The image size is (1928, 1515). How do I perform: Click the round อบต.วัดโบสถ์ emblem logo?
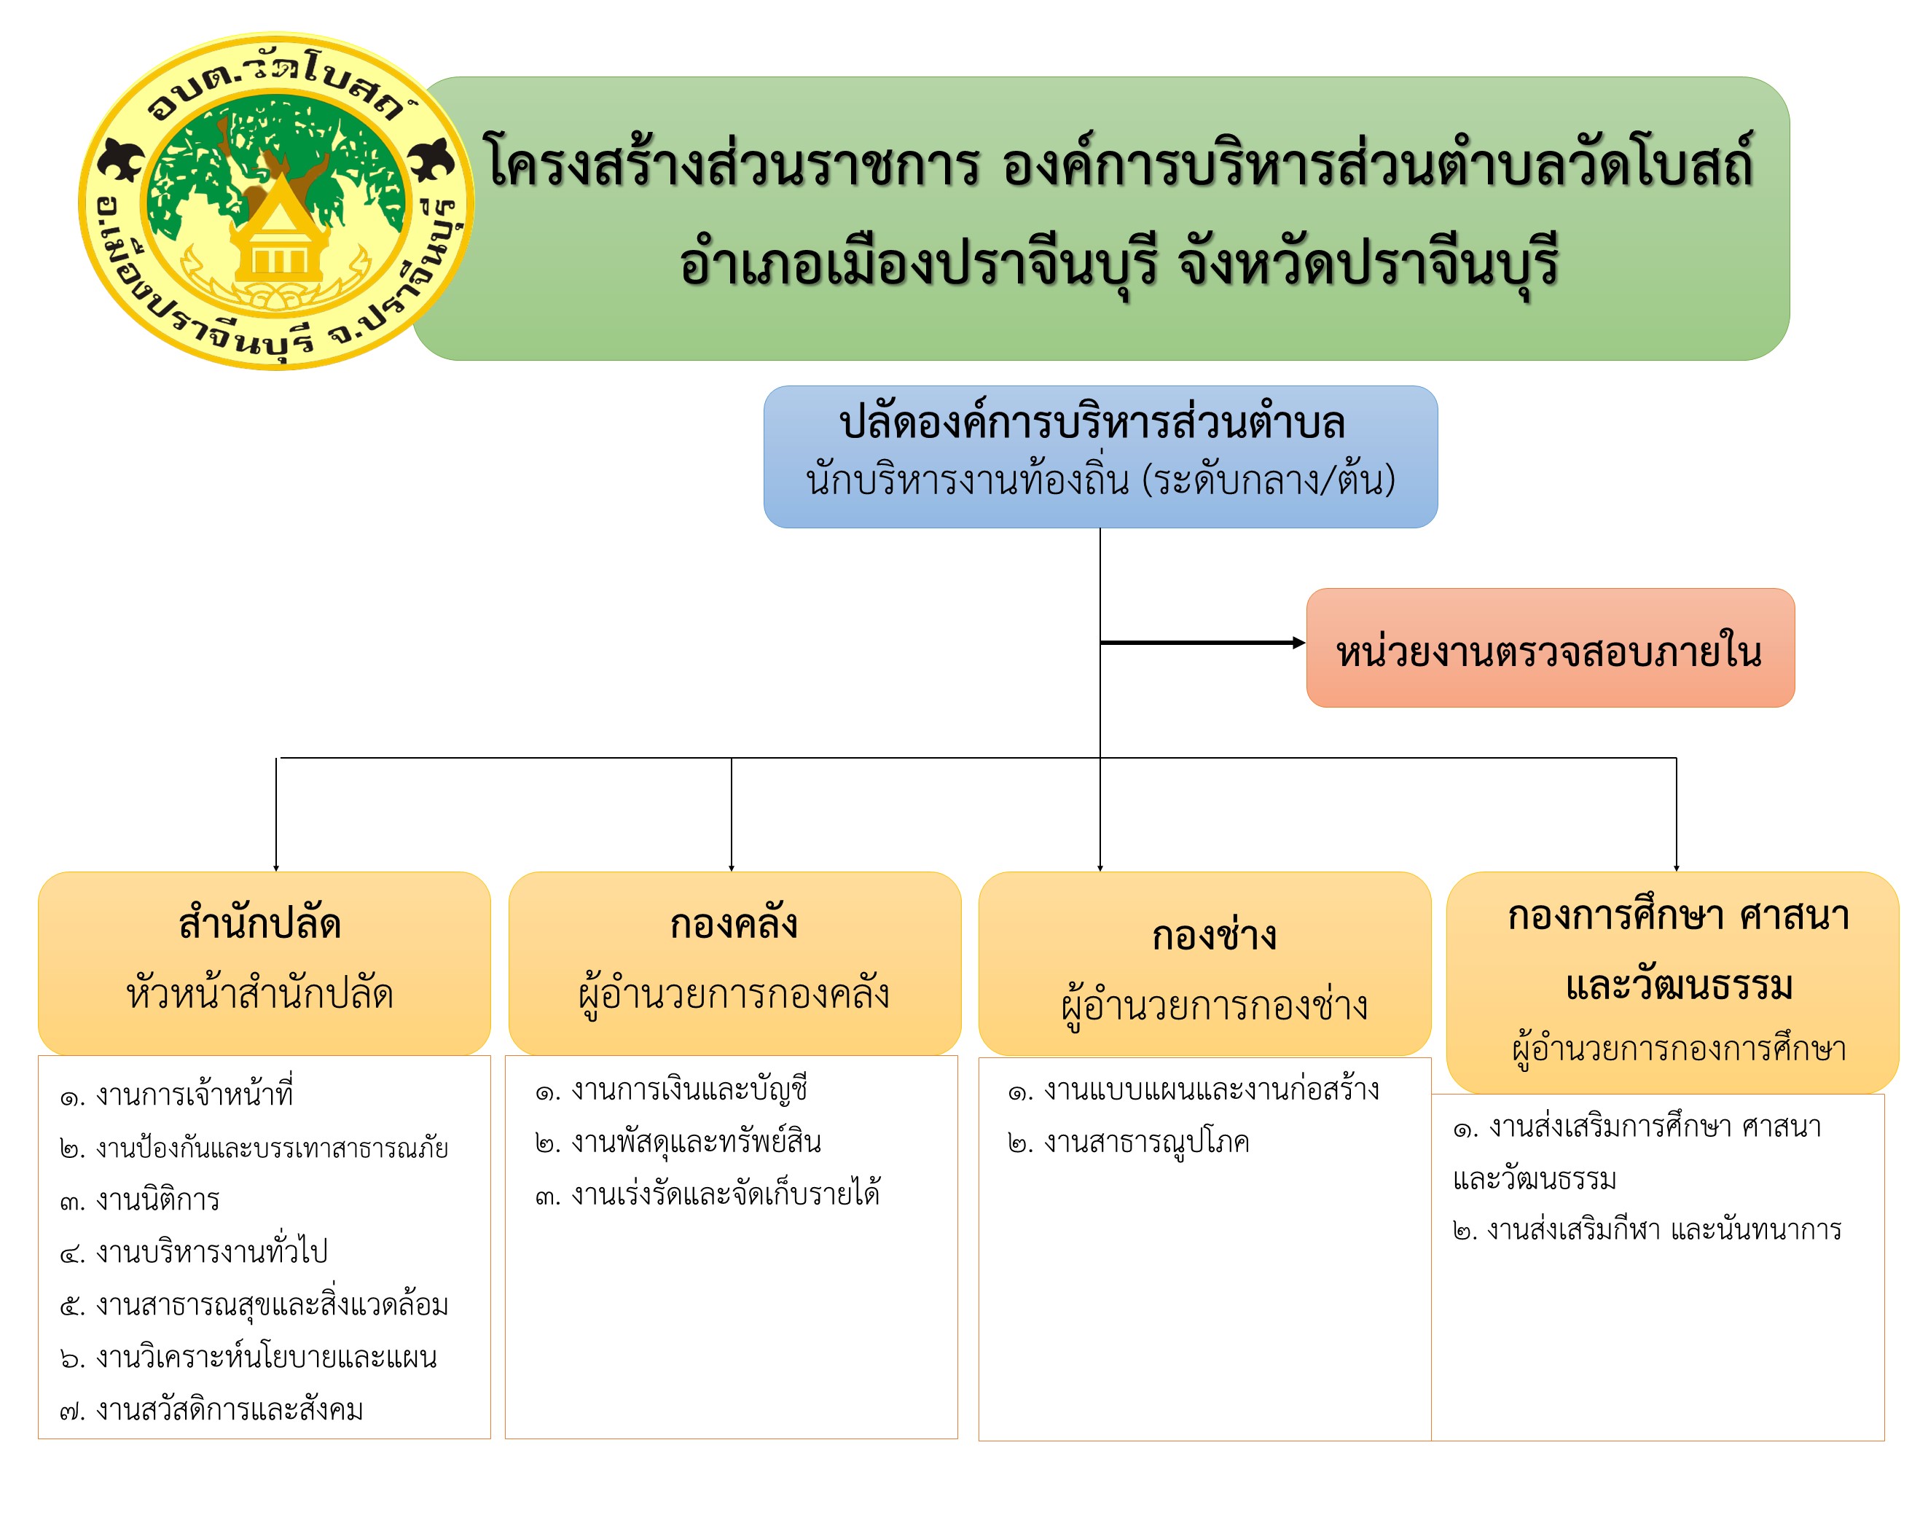coord(276,201)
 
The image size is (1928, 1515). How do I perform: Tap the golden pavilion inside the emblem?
coord(279,232)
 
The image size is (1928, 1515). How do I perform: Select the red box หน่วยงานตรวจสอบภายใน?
coord(1548,648)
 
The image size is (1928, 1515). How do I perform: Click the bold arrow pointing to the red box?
coord(1202,642)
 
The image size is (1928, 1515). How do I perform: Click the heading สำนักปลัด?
coord(260,923)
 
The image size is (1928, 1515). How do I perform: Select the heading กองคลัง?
coord(734,923)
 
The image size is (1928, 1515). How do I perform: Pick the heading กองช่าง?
coord(1214,935)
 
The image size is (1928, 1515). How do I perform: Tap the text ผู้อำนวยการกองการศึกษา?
coord(1679,1049)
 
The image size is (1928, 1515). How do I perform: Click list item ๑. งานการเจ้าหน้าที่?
coord(176,1095)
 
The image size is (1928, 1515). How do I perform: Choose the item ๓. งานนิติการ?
coord(139,1200)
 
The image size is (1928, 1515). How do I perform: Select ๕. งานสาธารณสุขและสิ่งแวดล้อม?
coord(254,1304)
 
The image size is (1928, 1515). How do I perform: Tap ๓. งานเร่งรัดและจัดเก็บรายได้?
coord(707,1194)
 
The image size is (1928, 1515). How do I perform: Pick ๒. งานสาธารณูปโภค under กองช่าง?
coord(1128,1142)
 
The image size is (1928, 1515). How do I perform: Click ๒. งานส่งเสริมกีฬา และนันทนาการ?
coord(1647,1230)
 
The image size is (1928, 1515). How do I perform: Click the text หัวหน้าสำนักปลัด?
coord(260,993)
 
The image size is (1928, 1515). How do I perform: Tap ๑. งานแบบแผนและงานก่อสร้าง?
coord(1194,1089)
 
